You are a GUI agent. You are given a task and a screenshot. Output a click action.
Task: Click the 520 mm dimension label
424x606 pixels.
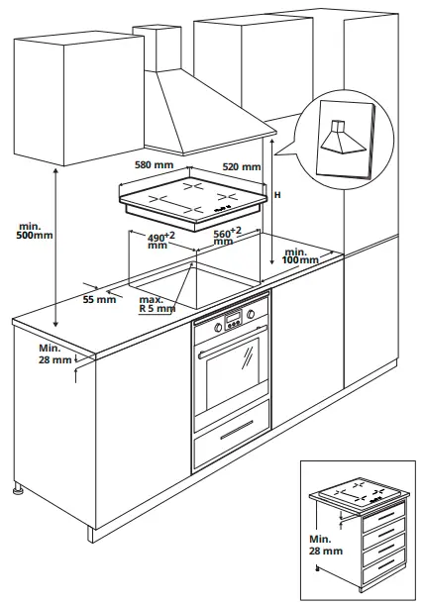point(242,167)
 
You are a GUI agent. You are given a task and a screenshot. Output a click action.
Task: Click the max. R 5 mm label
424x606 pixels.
point(155,304)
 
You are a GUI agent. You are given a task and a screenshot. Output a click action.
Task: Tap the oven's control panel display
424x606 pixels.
point(234,318)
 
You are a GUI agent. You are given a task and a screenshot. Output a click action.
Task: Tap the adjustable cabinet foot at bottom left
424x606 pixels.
point(17,488)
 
